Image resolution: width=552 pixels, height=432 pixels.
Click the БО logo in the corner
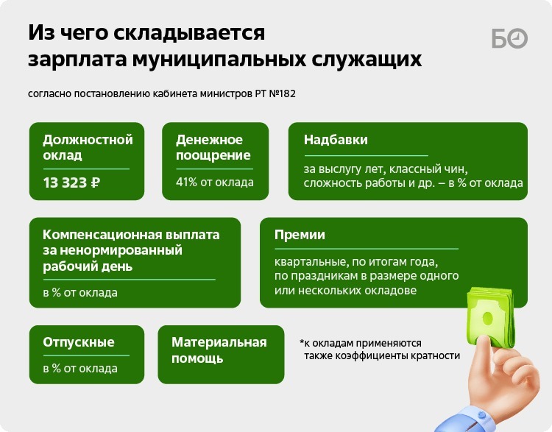(509, 38)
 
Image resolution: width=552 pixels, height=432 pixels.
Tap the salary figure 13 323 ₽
(71, 183)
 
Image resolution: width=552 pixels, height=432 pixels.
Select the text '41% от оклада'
(215, 183)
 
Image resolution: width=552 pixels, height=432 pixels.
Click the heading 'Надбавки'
(336, 140)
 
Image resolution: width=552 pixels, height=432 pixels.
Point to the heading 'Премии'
(300, 235)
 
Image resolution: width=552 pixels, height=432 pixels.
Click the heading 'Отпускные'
(79, 342)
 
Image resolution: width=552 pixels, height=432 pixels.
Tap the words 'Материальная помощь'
(219, 350)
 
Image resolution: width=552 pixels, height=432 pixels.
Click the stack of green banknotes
(490, 316)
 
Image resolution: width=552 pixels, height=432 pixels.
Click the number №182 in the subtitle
(283, 94)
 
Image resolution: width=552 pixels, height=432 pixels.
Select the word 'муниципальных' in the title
(219, 60)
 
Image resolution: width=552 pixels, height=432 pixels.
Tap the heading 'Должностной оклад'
(88, 147)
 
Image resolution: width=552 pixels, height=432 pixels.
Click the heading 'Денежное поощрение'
(213, 147)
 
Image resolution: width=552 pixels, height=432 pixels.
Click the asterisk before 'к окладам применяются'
(302, 341)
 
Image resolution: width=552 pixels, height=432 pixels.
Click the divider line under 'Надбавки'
(366, 155)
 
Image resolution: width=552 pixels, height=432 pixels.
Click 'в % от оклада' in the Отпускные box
(80, 369)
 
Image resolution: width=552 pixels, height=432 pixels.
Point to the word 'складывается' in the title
(189, 33)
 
